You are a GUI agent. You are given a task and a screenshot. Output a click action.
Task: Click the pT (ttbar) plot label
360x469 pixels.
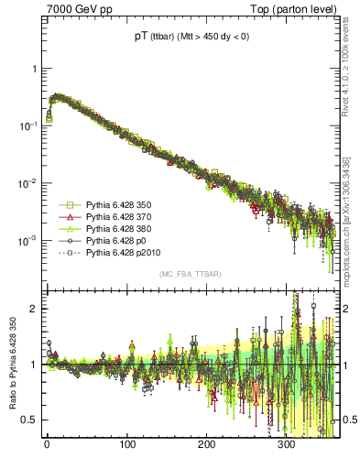(187, 38)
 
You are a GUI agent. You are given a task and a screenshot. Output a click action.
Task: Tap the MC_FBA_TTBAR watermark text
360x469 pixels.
(190, 275)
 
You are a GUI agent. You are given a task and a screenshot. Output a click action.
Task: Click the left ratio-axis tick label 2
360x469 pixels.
(33, 309)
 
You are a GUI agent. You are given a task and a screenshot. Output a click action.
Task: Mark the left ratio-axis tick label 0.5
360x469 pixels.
(29, 420)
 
